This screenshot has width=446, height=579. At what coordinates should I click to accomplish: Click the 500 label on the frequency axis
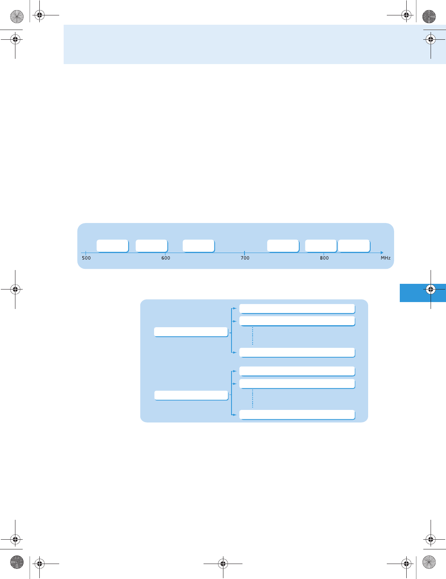pyautogui.click(x=86, y=258)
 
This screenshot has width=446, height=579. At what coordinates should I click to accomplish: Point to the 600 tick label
pyautogui.click(x=166, y=258)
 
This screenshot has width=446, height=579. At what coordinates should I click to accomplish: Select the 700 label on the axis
pyautogui.click(x=245, y=258)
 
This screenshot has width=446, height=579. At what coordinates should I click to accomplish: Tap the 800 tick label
pyautogui.click(x=324, y=258)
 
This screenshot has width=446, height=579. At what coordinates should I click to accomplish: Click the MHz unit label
pyautogui.click(x=385, y=258)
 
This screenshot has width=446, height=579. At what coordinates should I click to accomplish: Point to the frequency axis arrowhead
pyautogui.click(x=382, y=253)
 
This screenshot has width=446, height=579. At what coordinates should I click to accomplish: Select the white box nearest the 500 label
pyautogui.click(x=112, y=246)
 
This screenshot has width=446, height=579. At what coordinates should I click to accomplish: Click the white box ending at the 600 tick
pyautogui.click(x=151, y=246)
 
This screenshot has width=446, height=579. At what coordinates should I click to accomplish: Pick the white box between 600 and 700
pyautogui.click(x=198, y=246)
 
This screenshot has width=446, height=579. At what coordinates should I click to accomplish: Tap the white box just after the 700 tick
pyautogui.click(x=283, y=246)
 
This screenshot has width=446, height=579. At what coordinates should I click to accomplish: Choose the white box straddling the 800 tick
pyautogui.click(x=321, y=246)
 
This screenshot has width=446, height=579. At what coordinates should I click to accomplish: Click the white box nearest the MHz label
pyautogui.click(x=354, y=246)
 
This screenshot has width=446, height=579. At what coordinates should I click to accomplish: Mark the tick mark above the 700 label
pyautogui.click(x=244, y=253)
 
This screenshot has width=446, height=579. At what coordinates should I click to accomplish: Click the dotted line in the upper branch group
pyautogui.click(x=253, y=336)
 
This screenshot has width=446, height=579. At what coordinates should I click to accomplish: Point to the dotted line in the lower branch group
pyautogui.click(x=253, y=399)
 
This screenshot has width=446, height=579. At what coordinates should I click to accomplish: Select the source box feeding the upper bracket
pyautogui.click(x=191, y=332)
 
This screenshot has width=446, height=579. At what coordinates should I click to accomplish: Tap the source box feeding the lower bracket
pyautogui.click(x=191, y=395)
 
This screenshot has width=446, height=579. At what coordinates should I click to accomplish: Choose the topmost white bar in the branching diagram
pyautogui.click(x=297, y=309)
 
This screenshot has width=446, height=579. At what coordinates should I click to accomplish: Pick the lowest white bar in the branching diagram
pyautogui.click(x=297, y=414)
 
